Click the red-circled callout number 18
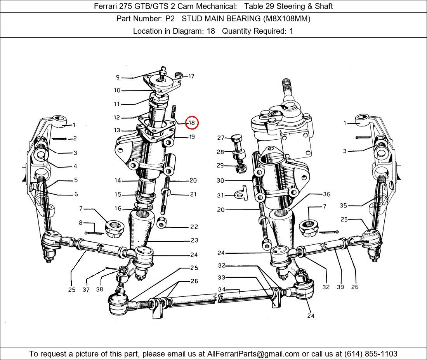pos(192,123)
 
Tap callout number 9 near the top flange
pos(118,77)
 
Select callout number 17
pos(191,76)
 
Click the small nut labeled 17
pos(179,75)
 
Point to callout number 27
pos(220,138)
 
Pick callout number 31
pos(220,196)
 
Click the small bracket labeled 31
pos(241,193)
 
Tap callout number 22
pos(194,227)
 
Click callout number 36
pos(326,194)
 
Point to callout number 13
pos(117,130)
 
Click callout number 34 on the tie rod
pos(222,289)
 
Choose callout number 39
pos(340,287)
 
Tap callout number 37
pos(86,290)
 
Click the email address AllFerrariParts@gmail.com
pos(253,354)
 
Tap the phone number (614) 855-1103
pos(371,354)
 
